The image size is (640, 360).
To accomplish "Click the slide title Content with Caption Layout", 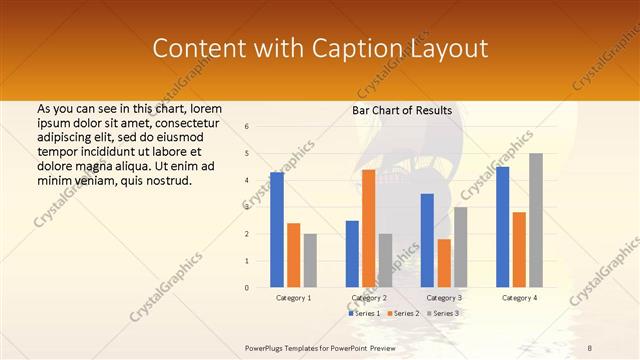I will pyautogui.click(x=320, y=49).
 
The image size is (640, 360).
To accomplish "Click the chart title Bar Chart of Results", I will pyautogui.click(x=402, y=110).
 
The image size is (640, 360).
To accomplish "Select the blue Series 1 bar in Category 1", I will pyautogui.click(x=277, y=230).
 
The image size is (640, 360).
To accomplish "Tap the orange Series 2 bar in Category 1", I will pyautogui.click(x=294, y=255).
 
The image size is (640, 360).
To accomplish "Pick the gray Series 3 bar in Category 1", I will pyautogui.click(x=310, y=261).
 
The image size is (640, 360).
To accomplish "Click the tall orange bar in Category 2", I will pyautogui.click(x=369, y=229).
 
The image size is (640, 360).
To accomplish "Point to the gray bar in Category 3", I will pyautogui.click(x=460, y=247).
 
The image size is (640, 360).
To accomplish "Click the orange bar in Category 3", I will pyautogui.click(x=444, y=263).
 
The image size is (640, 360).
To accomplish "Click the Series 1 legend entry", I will pyautogui.click(x=364, y=314).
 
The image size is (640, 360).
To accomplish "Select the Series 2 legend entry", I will pyautogui.click(x=402, y=314).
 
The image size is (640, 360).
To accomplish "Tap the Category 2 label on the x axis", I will pyautogui.click(x=369, y=298).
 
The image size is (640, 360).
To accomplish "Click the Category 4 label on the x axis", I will pyautogui.click(x=519, y=298).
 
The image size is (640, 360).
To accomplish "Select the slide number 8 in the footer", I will pyautogui.click(x=590, y=347).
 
